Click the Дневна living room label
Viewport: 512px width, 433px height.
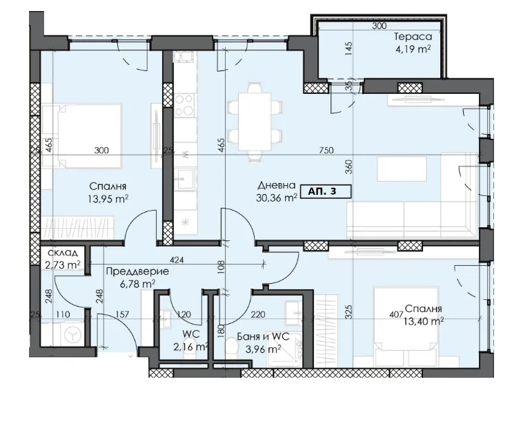coord(277,186)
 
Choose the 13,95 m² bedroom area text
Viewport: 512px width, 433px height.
coord(110,198)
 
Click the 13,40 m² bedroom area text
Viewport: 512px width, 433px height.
coord(423,320)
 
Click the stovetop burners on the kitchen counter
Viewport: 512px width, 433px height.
coord(184,106)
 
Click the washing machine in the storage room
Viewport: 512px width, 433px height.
coord(71,334)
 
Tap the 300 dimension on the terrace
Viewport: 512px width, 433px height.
coord(378,26)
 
